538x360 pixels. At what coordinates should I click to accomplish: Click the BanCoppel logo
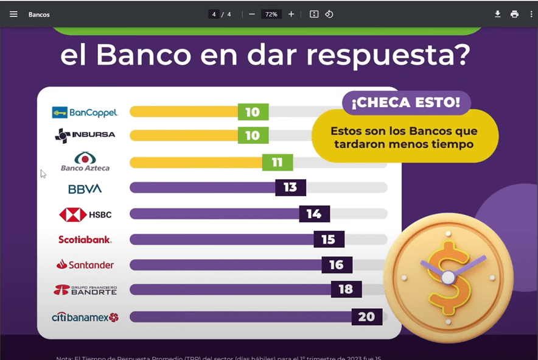coord(85,113)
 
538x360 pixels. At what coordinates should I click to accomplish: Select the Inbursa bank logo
coord(85,135)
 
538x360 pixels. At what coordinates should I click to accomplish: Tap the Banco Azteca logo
coord(85,161)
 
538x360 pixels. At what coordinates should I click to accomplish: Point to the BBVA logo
coord(85,189)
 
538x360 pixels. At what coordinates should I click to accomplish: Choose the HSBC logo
coord(85,214)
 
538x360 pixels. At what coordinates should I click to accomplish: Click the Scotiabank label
coord(85,239)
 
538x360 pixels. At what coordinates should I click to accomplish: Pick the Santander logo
coord(85,265)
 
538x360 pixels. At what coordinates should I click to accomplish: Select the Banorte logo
coord(85,290)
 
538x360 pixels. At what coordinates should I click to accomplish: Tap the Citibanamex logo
coord(85,317)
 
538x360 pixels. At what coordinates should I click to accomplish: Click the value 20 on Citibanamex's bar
coord(367,317)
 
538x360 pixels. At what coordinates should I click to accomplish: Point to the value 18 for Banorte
coord(346,289)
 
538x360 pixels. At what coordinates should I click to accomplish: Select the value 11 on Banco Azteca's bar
coord(278,163)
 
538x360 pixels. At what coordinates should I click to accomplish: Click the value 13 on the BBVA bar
coord(290,188)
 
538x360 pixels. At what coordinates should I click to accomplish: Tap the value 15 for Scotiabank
coord(329,239)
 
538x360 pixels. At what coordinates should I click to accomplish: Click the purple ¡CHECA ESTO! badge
coord(406,102)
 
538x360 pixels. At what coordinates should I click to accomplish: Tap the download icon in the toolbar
coord(497,14)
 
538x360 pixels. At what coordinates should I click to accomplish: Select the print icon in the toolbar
coord(514,14)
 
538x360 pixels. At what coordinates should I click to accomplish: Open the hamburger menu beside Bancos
coord(13,14)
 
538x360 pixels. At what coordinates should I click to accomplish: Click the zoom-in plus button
coord(291,14)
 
